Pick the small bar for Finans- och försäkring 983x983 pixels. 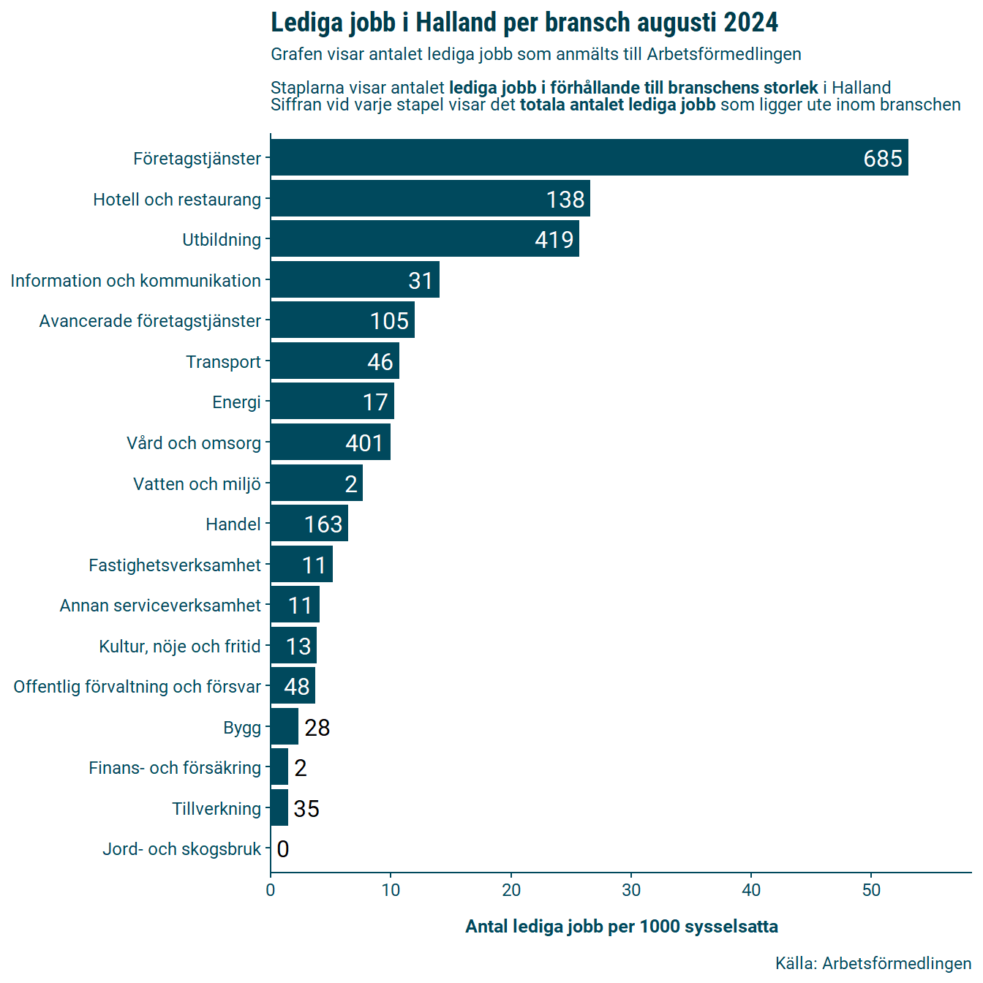tap(279, 767)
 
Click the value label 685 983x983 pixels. tap(883, 159)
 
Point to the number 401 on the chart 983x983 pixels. tap(364, 443)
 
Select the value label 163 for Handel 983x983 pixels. tap(323, 524)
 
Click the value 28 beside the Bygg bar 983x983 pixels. tap(317, 728)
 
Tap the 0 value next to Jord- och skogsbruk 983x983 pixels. tap(283, 849)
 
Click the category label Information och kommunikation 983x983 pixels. tap(135, 281)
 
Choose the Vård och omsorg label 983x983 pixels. tap(194, 443)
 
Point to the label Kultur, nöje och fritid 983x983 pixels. tap(180, 647)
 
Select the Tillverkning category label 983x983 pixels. tap(216, 809)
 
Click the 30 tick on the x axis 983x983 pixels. tap(631, 890)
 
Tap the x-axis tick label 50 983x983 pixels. tap(871, 890)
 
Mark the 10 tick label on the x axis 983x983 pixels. tap(391, 890)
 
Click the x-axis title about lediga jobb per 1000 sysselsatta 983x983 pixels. tap(622, 927)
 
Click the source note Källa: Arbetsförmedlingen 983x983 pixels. tap(873, 963)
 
